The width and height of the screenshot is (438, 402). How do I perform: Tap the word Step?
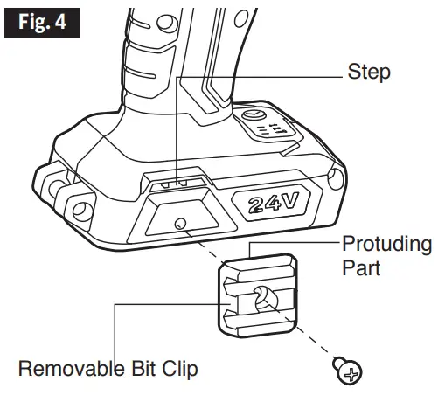[x=369, y=72]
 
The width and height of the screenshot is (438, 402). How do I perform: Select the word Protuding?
[x=386, y=243]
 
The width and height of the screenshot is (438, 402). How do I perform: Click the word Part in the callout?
[x=361, y=267]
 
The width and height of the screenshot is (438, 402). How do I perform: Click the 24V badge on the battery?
[x=273, y=204]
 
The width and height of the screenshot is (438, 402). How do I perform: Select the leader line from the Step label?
[x=262, y=76]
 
